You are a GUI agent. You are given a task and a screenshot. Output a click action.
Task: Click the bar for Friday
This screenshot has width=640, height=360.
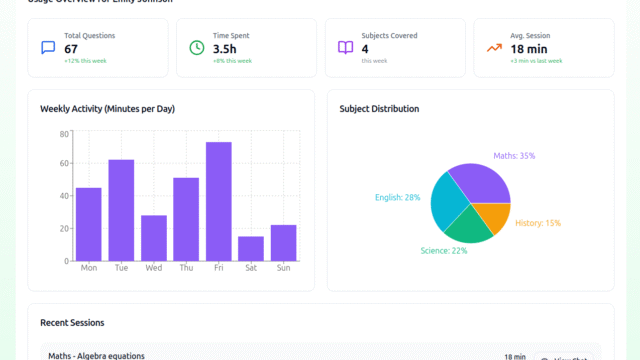219,201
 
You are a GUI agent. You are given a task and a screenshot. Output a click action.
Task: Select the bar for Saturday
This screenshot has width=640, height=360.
251,249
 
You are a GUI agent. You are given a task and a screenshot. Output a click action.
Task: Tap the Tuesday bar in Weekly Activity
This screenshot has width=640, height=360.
121,210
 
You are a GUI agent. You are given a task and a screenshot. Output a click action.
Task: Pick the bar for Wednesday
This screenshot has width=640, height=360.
154,238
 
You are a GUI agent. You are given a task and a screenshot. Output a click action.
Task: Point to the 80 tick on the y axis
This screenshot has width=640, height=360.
64,134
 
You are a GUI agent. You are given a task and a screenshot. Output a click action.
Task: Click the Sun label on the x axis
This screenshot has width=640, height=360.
284,268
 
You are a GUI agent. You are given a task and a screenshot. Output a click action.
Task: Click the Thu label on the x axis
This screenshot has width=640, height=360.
186,268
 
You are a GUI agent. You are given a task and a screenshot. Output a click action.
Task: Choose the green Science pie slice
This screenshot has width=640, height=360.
467,228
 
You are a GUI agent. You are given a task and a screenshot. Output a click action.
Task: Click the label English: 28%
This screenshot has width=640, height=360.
397,198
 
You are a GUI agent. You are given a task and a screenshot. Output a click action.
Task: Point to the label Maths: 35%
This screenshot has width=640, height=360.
514,156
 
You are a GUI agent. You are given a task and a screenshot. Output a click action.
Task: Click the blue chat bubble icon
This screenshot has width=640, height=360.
48,48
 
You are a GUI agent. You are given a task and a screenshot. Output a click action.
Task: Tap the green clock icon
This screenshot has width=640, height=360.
197,48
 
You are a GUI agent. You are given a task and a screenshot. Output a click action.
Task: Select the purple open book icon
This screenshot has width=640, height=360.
345,48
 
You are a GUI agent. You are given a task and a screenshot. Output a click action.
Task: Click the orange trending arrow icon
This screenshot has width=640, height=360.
494,48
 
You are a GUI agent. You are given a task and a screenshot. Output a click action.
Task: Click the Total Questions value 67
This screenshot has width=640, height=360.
71,49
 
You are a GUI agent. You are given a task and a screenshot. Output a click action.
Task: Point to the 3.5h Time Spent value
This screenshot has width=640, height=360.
224,49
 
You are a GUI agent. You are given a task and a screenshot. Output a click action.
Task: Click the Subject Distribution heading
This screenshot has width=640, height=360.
379,109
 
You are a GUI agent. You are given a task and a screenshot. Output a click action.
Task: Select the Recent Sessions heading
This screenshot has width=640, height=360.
72,323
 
